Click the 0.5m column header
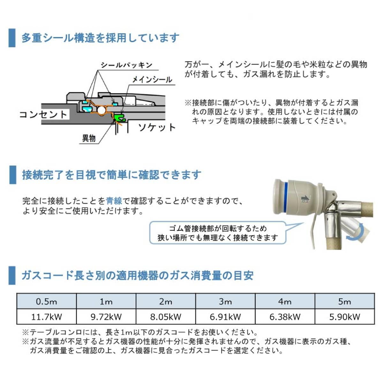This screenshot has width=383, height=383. click(47, 301)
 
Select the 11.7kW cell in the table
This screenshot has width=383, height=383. click(47, 317)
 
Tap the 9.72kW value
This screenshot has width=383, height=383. click(106, 317)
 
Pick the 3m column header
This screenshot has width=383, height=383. click(225, 301)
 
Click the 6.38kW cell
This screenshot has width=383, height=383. click(285, 317)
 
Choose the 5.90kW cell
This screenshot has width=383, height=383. click(345, 317)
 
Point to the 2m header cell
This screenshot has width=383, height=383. click(166, 301)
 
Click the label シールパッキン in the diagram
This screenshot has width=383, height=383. click(127, 65)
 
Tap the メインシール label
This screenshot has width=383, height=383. click(152, 79)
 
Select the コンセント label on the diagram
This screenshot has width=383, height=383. click(44, 114)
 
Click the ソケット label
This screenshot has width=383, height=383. click(157, 127)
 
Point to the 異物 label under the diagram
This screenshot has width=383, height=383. click(89, 138)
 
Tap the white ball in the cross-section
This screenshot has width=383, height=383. click(102, 110)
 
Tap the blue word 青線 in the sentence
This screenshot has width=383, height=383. click(114, 201)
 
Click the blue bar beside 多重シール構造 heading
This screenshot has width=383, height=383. click(12, 38)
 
